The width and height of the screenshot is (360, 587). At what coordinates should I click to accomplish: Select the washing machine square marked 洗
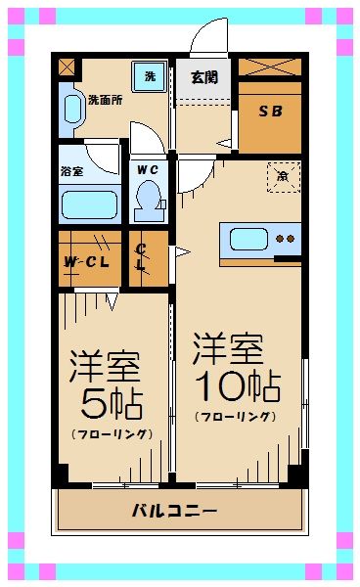[x=150, y=76]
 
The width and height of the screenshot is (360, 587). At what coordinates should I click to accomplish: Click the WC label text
[x=148, y=168]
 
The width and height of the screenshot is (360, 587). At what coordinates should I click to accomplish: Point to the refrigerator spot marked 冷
[x=282, y=177]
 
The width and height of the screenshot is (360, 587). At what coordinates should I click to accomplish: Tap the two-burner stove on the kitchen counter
[x=286, y=238]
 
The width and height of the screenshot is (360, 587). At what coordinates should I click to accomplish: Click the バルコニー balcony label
[x=175, y=511]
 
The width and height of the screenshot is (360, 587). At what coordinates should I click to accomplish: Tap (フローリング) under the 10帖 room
[x=235, y=417]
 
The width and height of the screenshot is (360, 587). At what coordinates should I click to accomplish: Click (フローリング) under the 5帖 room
[x=110, y=433]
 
